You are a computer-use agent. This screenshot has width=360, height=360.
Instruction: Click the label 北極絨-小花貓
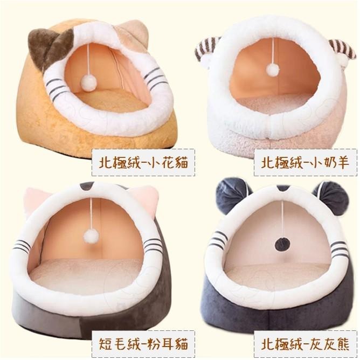coord(143,163)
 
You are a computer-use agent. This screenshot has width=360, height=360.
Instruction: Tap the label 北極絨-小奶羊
coord(305,163)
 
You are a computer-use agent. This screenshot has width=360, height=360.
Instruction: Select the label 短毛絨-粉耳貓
coord(143,344)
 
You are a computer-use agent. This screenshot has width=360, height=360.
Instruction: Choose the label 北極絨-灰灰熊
coord(305,344)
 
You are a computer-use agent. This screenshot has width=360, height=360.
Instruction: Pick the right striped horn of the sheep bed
coord(343,50)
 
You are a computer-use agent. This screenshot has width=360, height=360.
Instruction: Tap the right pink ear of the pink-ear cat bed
coord(147,197)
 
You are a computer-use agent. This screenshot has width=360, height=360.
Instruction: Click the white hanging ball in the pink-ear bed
coord(91,236)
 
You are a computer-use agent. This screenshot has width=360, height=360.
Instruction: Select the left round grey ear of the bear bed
coord(232,195)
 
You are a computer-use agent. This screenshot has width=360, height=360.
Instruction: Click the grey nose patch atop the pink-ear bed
coord(87,185)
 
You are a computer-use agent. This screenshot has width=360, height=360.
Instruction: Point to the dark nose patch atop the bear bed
coord(283,188)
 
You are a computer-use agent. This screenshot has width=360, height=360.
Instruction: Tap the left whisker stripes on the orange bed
coord(56,88)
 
